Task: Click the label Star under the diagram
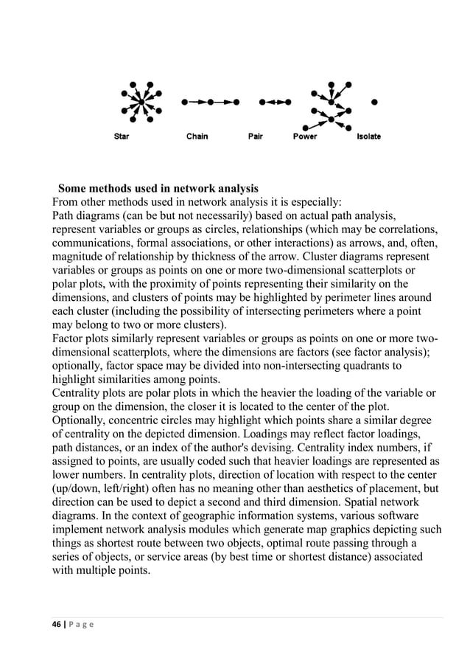click(x=122, y=136)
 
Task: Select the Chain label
click(x=197, y=136)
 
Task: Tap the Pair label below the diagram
click(x=255, y=136)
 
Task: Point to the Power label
click(x=305, y=136)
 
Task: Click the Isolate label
click(x=369, y=136)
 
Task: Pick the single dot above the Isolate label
click(x=374, y=102)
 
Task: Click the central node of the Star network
click(x=138, y=101)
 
